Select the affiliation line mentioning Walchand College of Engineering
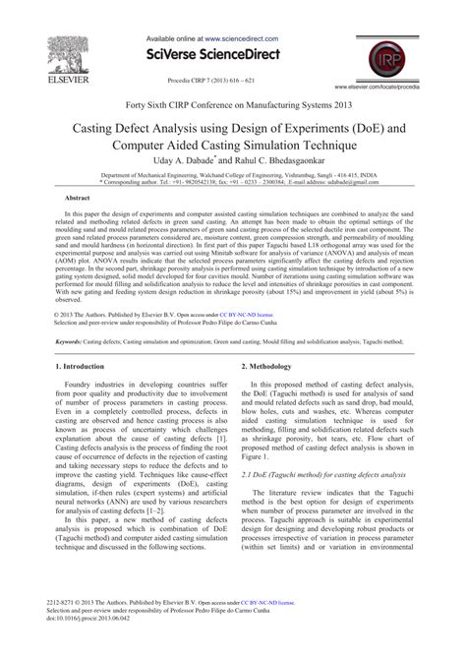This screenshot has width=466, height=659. (233, 173)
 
